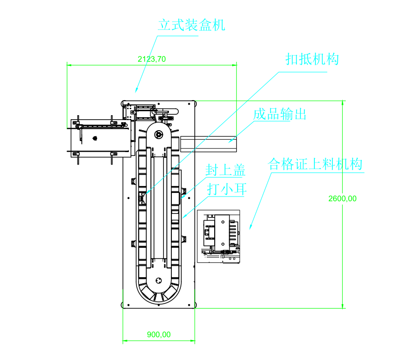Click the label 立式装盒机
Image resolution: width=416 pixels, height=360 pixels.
[192, 25]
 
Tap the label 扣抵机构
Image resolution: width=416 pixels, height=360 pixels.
[312, 60]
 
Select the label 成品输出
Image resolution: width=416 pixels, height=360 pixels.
[279, 114]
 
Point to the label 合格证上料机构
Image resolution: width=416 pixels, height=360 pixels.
[315, 164]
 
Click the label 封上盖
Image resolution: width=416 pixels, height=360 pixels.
[226, 171]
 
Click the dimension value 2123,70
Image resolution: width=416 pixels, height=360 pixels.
[151, 59]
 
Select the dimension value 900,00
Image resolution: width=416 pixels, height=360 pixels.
[159, 335]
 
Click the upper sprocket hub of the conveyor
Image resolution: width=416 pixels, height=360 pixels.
[159, 134]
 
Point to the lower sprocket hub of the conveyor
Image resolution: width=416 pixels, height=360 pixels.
[159, 280]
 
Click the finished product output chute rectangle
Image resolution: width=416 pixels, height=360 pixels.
[209, 143]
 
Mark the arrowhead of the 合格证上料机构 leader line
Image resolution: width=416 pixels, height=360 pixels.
[251, 228]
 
